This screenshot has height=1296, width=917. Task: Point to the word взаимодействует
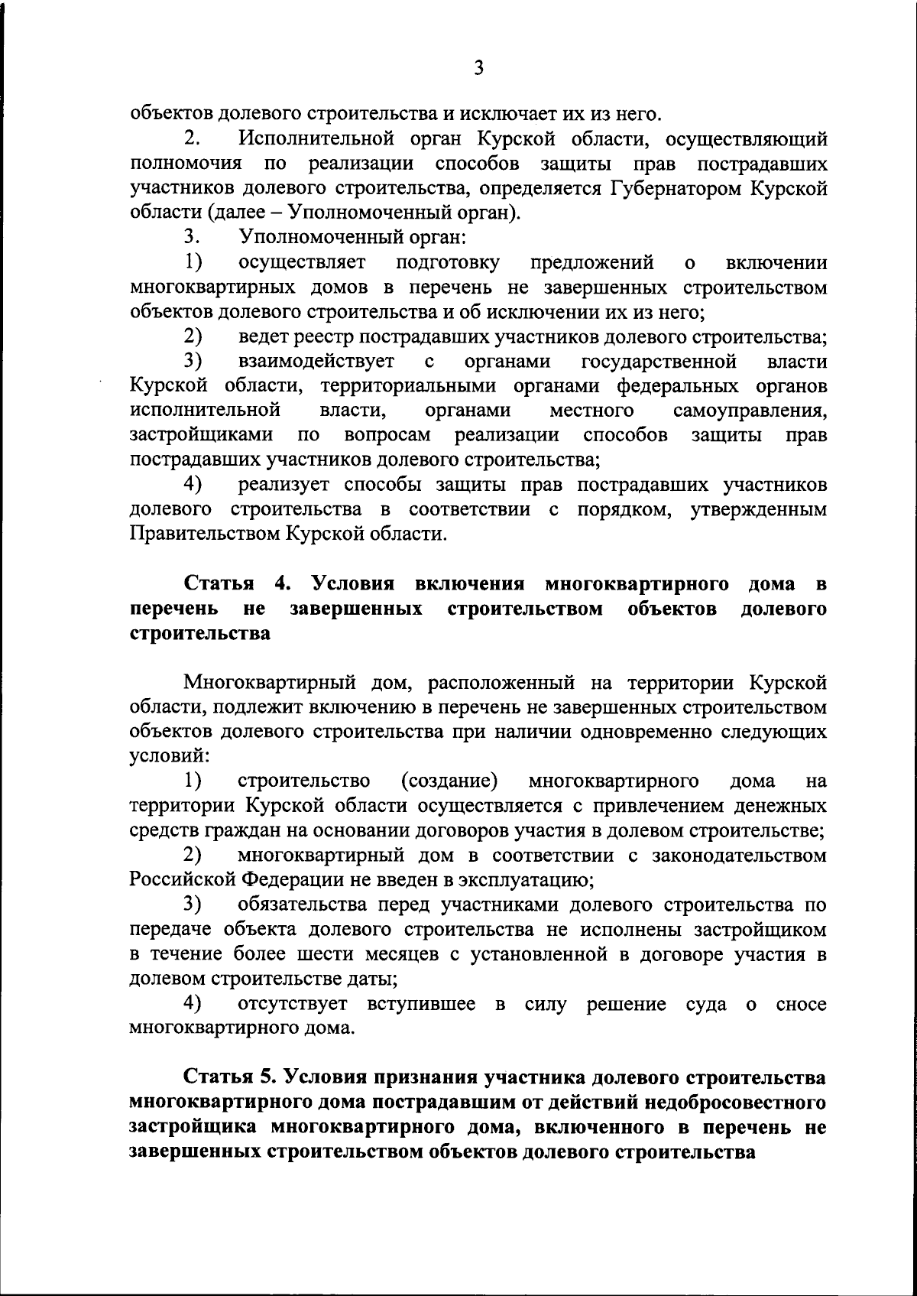pos(316,361)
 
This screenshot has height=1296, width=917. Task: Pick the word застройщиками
pos(202,435)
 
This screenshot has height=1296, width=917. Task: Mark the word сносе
pos(801,1004)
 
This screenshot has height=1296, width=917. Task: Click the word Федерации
pos(293,879)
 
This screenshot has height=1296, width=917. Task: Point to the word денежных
pos(779,806)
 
